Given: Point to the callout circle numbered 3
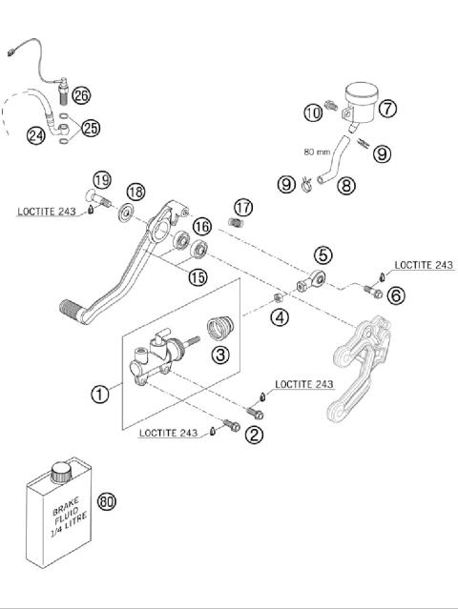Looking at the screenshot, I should tap(220, 355).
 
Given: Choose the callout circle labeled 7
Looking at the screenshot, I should tap(387, 108).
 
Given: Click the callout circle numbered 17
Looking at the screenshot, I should tap(243, 207).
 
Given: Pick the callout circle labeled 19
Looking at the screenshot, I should tap(102, 178).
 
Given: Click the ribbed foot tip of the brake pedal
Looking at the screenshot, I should tap(73, 309).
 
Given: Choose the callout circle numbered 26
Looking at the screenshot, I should tap(80, 94).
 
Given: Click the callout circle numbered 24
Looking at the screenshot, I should tap(35, 135).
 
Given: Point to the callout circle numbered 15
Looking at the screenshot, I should tap(198, 277).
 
